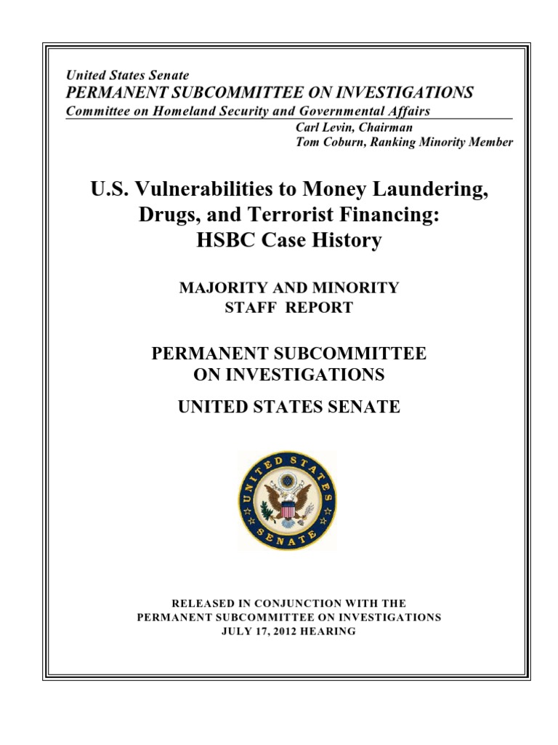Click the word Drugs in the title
coord(163,215)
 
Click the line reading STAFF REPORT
coord(289,307)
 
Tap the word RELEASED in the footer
coord(201,603)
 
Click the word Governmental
coord(341,111)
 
